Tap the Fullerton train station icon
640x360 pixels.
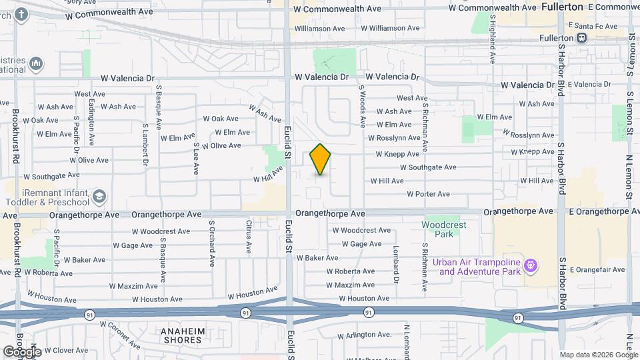(x=582, y=38)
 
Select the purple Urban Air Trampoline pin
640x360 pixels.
(x=531, y=266)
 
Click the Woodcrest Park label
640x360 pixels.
(x=443, y=229)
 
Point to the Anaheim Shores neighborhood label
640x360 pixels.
(x=181, y=335)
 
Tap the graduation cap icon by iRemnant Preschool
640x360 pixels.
(x=99, y=197)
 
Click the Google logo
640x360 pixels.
(x=22, y=351)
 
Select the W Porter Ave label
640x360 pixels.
(x=429, y=195)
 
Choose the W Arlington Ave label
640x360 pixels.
(x=365, y=335)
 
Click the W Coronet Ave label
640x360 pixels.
(x=121, y=336)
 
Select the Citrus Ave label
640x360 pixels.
(x=249, y=237)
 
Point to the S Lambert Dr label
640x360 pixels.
(x=145, y=144)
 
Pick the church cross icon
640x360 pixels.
(x=21, y=13)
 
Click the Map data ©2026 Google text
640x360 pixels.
(x=598, y=355)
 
